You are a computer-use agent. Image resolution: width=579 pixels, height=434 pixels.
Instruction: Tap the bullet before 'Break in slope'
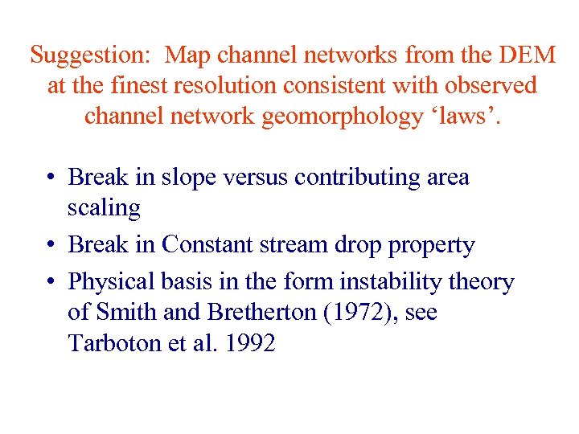tap(50, 178)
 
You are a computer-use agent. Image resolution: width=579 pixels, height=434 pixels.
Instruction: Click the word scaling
tap(104, 208)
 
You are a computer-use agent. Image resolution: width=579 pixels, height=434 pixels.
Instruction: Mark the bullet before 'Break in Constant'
tap(50, 245)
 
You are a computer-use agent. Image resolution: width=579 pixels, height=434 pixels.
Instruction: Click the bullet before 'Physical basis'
tap(50, 282)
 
